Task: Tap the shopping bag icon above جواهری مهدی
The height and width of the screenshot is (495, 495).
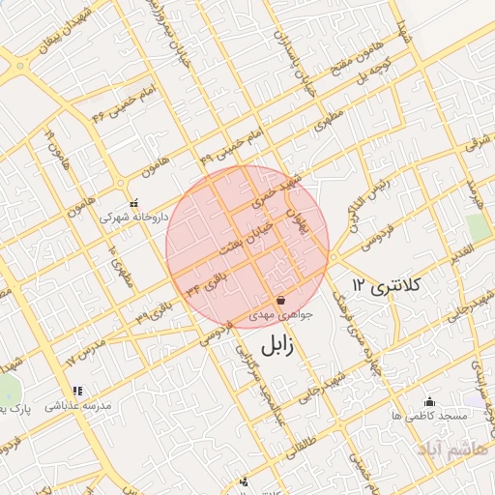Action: pyautogui.click(x=280, y=300)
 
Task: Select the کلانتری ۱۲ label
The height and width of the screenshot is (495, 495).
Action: pyautogui.click(x=389, y=285)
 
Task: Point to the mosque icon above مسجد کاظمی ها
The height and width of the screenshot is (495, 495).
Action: pyautogui.click(x=429, y=401)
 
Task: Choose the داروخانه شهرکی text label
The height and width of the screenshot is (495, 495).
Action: pyautogui.click(x=134, y=218)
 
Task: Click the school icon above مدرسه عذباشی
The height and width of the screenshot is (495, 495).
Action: pyautogui.click(x=76, y=392)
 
